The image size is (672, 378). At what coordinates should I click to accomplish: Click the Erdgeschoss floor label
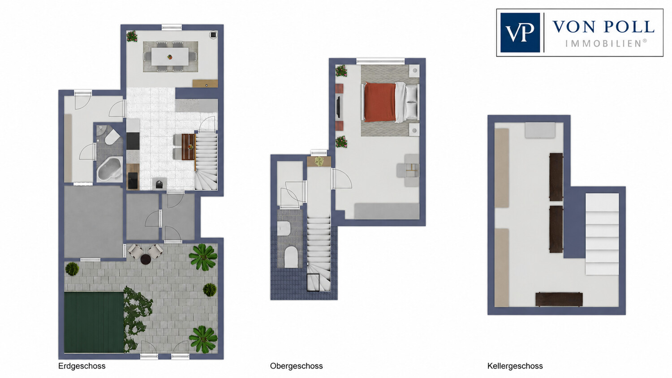pos(82,366)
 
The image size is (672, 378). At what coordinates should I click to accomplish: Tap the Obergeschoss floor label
pos(296,366)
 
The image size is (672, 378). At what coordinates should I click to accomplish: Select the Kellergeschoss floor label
pos(515,366)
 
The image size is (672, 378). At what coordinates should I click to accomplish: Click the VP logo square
pos(520,32)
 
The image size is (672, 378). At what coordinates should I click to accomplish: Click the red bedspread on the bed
pos(380,102)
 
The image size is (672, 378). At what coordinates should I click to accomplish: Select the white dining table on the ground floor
pos(170,56)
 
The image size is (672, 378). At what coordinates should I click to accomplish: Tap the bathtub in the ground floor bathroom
pos(109,169)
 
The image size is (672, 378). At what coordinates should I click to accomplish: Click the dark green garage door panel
pos(94,322)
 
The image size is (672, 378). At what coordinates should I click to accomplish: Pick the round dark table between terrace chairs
pos(146,259)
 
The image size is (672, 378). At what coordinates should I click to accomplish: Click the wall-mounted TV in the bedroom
pos(338,107)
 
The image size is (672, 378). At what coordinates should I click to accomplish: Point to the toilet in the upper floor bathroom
pos(291,257)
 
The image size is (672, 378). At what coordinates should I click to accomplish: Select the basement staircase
pos(602,234)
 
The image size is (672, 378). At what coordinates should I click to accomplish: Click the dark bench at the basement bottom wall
pos(559,300)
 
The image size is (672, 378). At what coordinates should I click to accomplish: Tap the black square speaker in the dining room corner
pos(213,35)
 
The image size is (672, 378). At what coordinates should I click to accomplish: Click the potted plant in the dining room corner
pos(132,36)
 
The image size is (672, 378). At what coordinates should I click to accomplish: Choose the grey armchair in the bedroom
pos(408,170)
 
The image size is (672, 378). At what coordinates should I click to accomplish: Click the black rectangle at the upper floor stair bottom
pos(313,282)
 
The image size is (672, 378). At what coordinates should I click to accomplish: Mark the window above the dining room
pos(172,27)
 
